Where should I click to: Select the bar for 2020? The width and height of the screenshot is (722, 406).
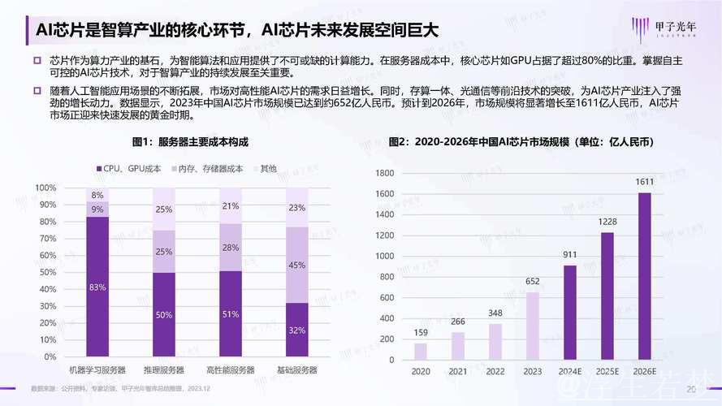tap(420, 352)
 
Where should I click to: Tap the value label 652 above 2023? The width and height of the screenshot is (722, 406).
tap(533, 282)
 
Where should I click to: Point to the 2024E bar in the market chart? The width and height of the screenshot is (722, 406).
tap(569, 313)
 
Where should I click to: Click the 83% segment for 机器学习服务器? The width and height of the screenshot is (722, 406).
tap(97, 287)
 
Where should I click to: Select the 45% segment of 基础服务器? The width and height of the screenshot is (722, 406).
tap(297, 265)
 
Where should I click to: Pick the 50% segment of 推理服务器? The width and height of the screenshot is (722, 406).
tap(164, 314)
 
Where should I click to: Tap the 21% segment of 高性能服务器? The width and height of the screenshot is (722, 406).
tap(231, 205)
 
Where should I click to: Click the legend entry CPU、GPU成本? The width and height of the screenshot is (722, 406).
tap(128, 168)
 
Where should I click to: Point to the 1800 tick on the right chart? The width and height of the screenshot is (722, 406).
tap(383, 173)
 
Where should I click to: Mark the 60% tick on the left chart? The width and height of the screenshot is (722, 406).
tap(45, 256)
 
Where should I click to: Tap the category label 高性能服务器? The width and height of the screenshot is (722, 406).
tap(231, 370)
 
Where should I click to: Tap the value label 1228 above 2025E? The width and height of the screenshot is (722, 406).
tap(607, 222)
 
